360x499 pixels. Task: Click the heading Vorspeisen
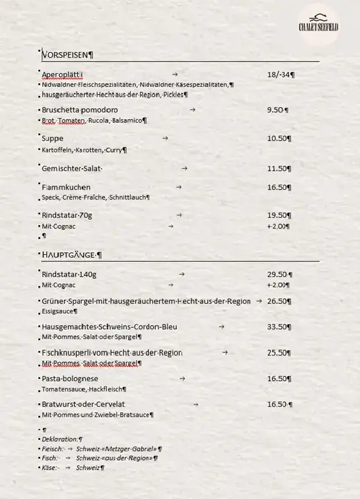click(x=67, y=55)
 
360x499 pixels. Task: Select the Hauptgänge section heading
click(x=71, y=255)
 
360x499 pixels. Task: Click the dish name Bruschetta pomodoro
click(x=80, y=110)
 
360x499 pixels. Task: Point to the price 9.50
click(x=276, y=110)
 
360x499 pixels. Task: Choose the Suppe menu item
click(x=52, y=139)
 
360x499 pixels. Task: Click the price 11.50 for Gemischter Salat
click(x=278, y=169)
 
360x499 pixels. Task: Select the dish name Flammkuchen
click(x=66, y=187)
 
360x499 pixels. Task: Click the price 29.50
click(x=278, y=274)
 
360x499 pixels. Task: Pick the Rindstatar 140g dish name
click(x=69, y=274)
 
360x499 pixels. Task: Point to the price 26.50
click(x=278, y=301)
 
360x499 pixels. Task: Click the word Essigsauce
click(x=58, y=311)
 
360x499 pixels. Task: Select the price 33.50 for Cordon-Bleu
click(x=278, y=327)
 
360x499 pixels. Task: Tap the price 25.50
click(x=278, y=352)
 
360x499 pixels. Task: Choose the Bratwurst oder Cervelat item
click(x=83, y=404)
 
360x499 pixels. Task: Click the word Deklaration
click(x=60, y=439)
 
